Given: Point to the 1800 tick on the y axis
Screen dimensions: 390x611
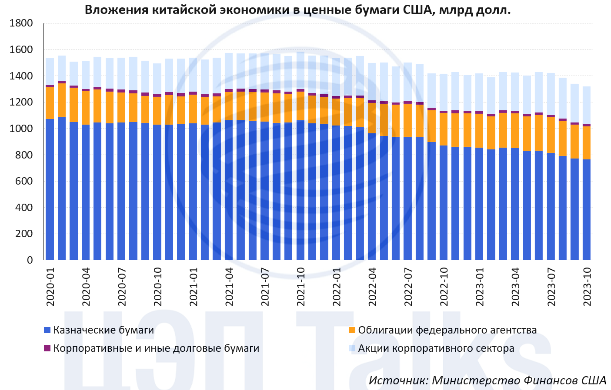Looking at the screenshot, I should coord(21,23).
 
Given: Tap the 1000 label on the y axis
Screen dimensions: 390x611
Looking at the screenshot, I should coord(21,129).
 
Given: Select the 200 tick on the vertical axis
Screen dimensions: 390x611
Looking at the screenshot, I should coord(24,234).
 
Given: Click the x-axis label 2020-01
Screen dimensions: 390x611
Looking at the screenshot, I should coord(50,287).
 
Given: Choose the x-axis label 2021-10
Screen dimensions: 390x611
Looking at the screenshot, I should coord(301,287).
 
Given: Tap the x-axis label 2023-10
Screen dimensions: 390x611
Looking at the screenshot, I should coord(587,287).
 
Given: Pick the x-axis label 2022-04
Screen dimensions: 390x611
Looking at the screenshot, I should coord(372,287).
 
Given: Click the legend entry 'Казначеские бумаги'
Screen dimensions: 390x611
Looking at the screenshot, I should coord(104,330).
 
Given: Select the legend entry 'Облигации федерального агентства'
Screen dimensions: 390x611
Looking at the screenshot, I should coord(447,330).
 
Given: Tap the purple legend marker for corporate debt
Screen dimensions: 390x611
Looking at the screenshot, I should coord(47,348).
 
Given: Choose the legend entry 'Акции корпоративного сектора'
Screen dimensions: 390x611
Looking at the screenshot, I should coord(436,348).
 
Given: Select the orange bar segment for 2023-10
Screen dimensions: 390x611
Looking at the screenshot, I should coord(587,143).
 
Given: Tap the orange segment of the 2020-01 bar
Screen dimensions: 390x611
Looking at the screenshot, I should coord(50,103).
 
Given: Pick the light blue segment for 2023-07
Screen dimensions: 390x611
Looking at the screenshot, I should coord(551,94).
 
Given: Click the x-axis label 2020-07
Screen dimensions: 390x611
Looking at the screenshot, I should coord(122,287).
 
